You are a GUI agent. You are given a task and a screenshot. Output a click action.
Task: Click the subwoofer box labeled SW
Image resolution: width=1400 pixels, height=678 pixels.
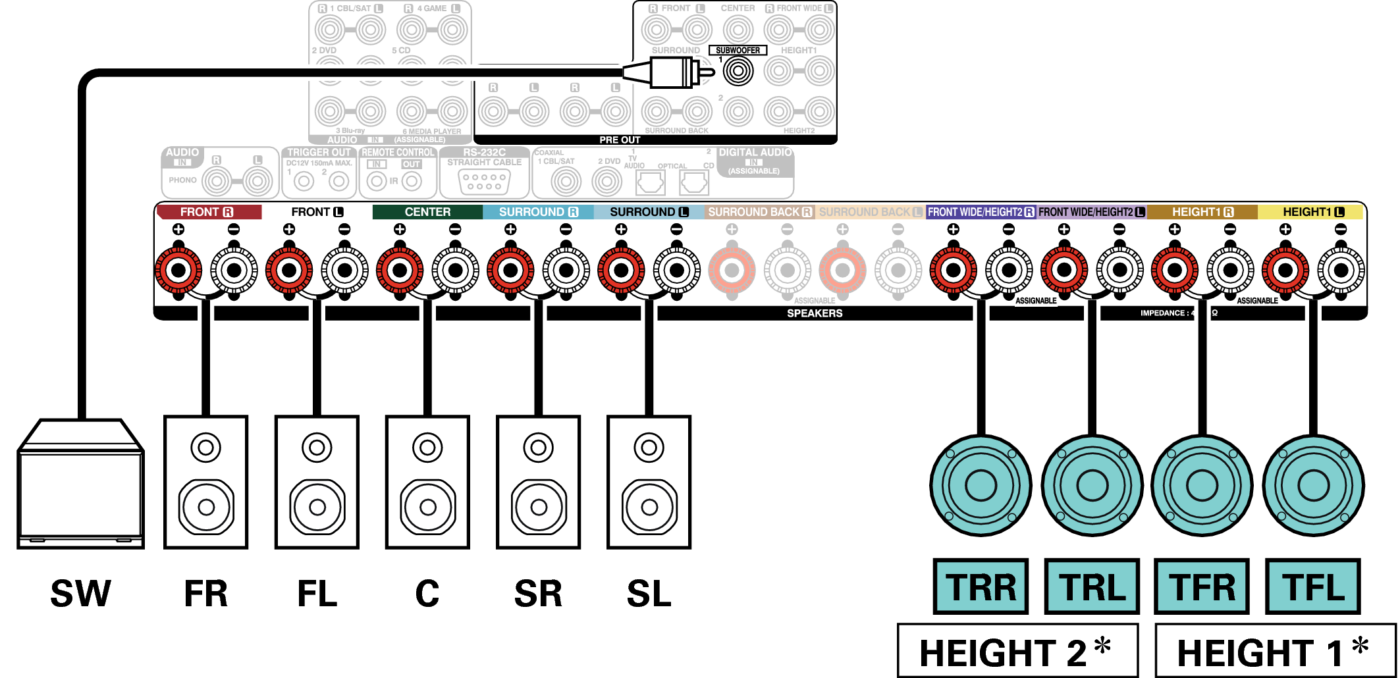click(80, 487)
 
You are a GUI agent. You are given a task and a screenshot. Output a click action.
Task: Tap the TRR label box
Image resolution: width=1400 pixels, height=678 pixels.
click(981, 587)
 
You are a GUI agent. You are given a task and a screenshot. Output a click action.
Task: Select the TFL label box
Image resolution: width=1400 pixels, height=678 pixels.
click(1313, 587)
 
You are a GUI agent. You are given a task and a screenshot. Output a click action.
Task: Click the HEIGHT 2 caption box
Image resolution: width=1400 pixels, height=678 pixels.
click(1017, 652)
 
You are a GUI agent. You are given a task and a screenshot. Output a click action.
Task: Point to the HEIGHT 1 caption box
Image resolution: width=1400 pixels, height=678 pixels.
click(1275, 652)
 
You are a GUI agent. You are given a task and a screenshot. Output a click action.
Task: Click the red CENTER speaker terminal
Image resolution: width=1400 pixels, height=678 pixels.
click(400, 270)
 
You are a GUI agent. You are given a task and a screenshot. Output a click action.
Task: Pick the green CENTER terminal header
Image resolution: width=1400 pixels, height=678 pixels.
click(427, 212)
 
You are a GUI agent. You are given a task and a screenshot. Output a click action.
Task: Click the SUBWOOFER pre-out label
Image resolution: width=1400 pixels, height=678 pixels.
click(738, 50)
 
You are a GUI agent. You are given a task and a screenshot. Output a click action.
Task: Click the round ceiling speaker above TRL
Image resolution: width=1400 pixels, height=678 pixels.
click(1092, 486)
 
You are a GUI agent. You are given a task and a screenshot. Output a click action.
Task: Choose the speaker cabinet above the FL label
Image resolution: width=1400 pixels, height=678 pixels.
click(317, 482)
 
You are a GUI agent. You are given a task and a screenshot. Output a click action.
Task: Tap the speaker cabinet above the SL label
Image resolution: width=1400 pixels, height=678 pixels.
click(649, 482)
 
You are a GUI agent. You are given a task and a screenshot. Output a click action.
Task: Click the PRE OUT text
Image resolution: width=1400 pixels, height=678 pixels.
click(619, 140)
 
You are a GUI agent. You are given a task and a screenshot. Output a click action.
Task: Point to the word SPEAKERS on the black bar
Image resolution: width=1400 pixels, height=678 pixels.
click(815, 313)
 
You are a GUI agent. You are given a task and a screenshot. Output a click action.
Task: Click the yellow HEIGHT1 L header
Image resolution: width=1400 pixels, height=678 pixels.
click(1312, 212)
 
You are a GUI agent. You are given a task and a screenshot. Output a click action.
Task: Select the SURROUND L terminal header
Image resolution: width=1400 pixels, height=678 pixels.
click(649, 212)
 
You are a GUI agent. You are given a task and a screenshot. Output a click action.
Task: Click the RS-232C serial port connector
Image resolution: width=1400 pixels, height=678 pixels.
click(484, 182)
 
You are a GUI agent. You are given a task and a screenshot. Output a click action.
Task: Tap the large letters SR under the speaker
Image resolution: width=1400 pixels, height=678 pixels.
click(538, 594)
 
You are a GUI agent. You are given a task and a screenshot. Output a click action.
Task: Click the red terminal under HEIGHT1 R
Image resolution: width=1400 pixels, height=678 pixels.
click(1174, 270)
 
